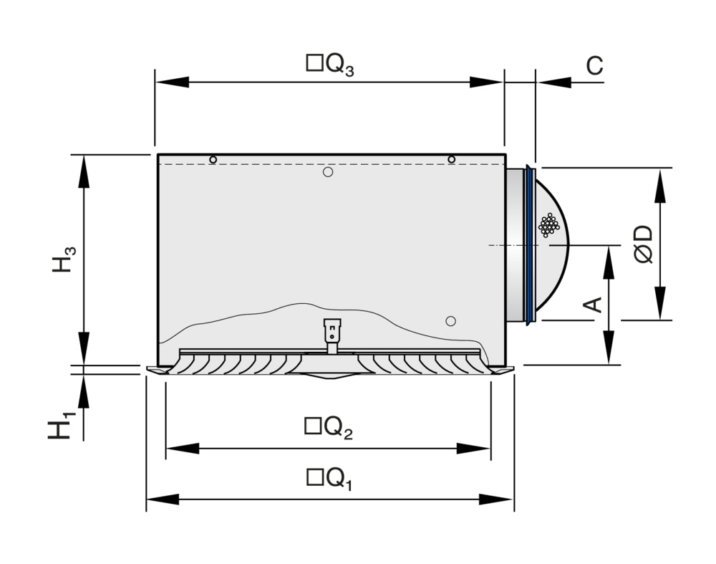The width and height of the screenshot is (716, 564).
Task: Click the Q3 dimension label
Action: coord(330,65)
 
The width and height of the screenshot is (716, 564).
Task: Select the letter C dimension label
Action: coord(594,65)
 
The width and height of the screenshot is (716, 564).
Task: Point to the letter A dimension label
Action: coord(593,305)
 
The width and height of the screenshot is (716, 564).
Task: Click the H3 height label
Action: coord(63,259)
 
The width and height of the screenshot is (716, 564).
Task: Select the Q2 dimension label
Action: coord(329,428)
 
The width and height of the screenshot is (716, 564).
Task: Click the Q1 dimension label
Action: coord(329,479)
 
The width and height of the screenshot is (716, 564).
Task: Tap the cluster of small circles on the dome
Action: coord(548,225)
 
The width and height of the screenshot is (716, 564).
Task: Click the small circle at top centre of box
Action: coord(328,172)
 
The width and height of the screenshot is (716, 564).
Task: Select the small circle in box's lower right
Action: coord(450,320)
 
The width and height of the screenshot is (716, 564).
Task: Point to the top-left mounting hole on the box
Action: coord(213,159)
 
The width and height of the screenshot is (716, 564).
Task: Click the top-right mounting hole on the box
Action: coord(451,159)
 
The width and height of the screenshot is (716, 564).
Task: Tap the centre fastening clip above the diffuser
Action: coord(332,335)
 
